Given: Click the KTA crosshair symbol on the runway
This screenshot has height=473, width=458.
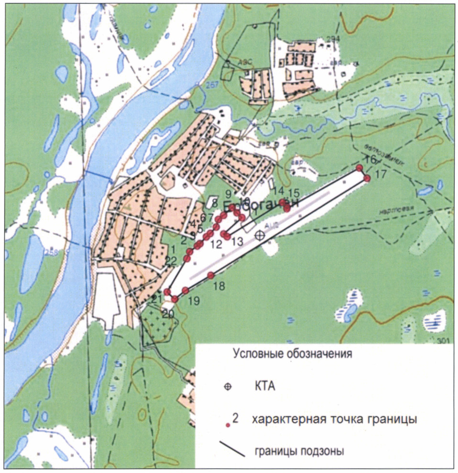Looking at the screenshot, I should click(260, 235).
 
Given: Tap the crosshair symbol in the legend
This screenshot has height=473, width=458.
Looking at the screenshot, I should click(228, 387).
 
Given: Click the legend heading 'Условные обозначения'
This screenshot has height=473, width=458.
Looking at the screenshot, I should click(292, 354).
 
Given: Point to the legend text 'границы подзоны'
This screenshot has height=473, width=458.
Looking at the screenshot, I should click(299, 451).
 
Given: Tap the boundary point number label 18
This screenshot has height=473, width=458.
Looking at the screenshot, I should click(218, 286).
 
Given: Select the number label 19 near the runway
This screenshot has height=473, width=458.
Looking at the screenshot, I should click(193, 301).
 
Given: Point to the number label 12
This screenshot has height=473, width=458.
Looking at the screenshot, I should click(216, 244).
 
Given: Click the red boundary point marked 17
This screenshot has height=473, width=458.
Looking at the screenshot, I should click(367, 178).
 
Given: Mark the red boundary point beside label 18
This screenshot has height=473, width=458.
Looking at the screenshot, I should click(210, 275).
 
